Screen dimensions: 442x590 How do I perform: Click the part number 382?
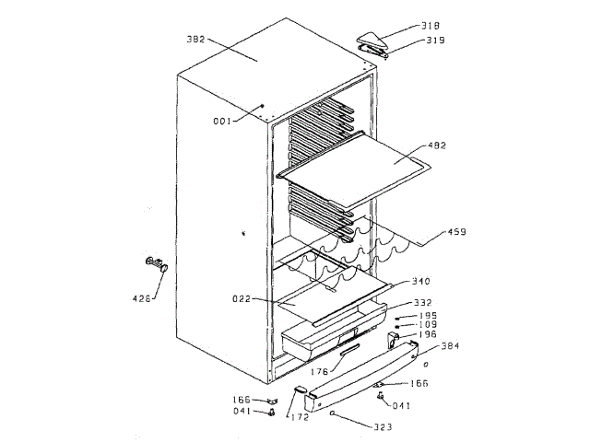click(x=196, y=40)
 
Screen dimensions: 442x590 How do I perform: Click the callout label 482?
click(x=437, y=145)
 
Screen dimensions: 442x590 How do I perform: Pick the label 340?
click(x=419, y=281)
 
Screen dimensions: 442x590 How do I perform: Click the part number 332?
click(x=423, y=302)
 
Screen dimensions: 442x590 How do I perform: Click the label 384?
click(x=449, y=346)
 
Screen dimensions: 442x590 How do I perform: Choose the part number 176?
click(x=319, y=372)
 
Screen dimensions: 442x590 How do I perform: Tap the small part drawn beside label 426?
click(x=156, y=266)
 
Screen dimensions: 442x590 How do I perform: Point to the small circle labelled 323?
click(x=330, y=413)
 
